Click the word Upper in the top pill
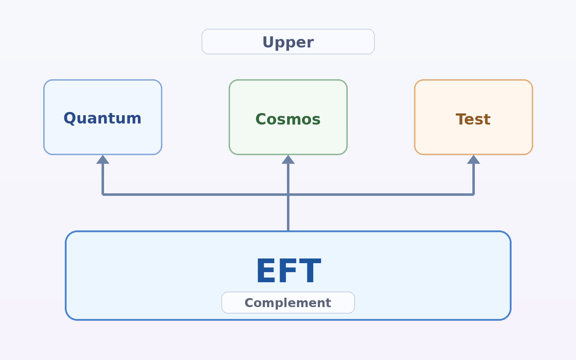point(288,42)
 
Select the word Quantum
point(103,118)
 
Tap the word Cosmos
point(288,119)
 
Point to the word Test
point(473,119)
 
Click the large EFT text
point(289,271)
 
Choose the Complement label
point(288,303)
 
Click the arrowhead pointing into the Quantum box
point(103,159)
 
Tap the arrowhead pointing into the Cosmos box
point(288,159)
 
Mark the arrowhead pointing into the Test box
point(473,159)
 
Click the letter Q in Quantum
point(69,118)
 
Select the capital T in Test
point(461,119)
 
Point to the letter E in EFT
point(266,271)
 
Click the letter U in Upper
point(269,42)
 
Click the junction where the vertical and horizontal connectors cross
point(288,195)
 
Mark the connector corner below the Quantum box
point(103,195)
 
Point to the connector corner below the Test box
point(473,195)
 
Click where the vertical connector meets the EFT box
point(288,231)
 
